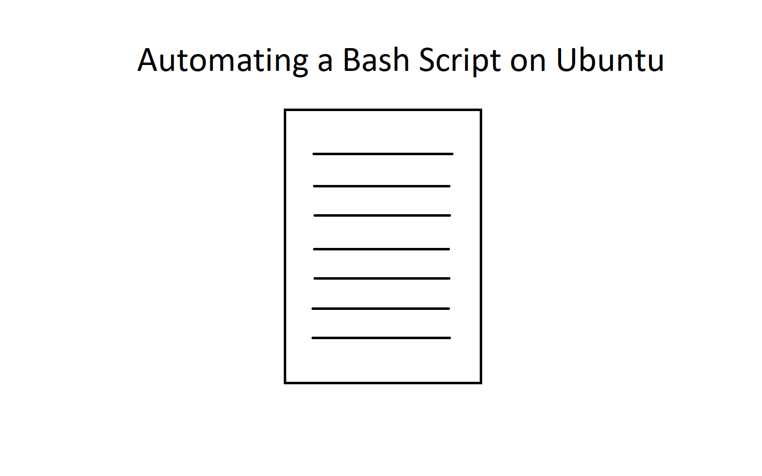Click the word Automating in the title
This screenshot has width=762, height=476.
tap(223, 61)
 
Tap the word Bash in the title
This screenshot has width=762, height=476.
tap(376, 59)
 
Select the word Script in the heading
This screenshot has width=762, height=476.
tap(460, 61)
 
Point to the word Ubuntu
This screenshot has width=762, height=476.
tap(610, 59)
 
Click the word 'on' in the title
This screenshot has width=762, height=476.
tap(528, 63)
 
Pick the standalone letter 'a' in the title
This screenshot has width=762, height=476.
tap(325, 63)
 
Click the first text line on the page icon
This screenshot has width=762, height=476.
tap(383, 154)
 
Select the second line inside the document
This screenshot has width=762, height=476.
tap(381, 186)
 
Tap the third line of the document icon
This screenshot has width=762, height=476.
tap(382, 216)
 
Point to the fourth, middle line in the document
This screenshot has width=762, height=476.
tap(381, 249)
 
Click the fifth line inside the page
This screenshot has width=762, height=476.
tap(382, 279)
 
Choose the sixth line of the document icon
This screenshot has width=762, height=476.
tap(381, 309)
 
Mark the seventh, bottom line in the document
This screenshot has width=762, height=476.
tap(381, 338)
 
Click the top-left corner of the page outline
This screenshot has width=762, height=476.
tap(285, 110)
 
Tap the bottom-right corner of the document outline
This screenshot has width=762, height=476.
tap(481, 383)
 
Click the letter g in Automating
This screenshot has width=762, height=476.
tap(299, 65)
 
